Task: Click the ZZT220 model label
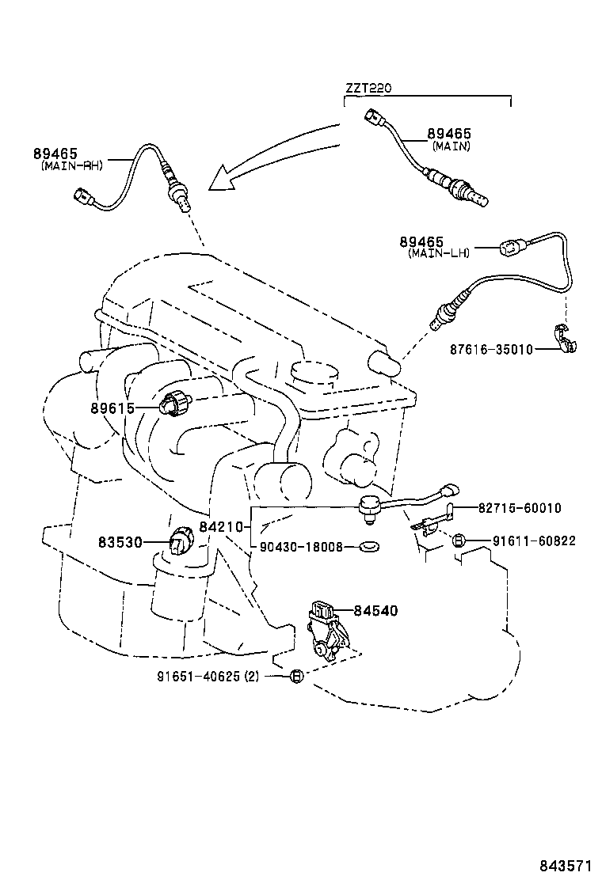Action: pos(369,89)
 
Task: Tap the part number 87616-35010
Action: pos(487,349)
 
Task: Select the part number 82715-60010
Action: pos(519,507)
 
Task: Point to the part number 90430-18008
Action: pos(303,546)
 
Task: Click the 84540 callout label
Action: pos(375,610)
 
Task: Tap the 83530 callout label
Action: pos(120,542)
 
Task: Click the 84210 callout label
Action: pos(221,525)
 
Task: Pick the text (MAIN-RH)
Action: pos(72,165)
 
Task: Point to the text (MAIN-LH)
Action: pos(439,253)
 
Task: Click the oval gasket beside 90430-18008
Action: pos(368,546)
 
